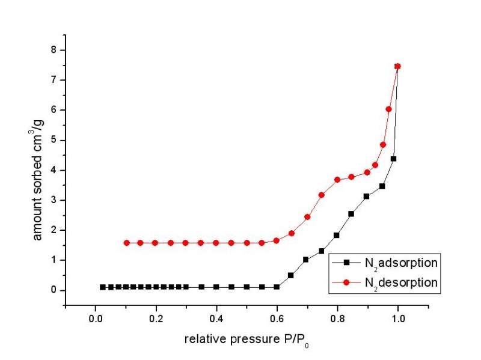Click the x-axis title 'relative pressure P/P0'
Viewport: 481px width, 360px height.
(247, 340)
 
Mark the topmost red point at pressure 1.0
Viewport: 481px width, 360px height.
(397, 66)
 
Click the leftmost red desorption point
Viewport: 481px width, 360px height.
(126, 243)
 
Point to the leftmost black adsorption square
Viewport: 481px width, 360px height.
(103, 287)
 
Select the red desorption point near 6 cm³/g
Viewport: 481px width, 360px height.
(388, 109)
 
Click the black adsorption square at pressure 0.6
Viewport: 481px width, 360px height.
(277, 287)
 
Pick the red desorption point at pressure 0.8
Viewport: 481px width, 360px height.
(337, 180)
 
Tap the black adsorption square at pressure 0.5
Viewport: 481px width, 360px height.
(247, 287)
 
